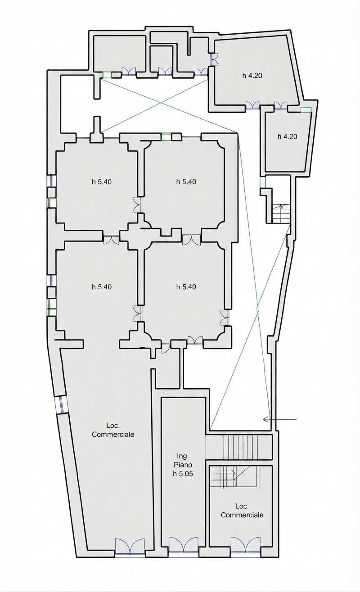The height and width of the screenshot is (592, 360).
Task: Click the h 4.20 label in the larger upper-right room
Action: [252, 75]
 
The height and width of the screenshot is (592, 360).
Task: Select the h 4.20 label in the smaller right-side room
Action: [287, 136]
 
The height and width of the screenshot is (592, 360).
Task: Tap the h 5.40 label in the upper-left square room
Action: [102, 182]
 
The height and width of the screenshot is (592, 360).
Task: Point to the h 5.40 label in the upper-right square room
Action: [186, 182]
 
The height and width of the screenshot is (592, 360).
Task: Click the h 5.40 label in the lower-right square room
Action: [186, 287]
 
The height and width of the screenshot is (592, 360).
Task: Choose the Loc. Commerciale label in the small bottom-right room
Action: [242, 511]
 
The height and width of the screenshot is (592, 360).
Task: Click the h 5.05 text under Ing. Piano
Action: [183, 474]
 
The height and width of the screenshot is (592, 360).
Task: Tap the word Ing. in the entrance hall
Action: [183, 456]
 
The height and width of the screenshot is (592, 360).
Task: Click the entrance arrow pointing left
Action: [279, 419]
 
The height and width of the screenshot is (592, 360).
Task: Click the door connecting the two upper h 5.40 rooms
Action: [138, 205]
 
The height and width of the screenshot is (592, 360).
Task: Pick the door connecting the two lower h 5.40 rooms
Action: [138, 313]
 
